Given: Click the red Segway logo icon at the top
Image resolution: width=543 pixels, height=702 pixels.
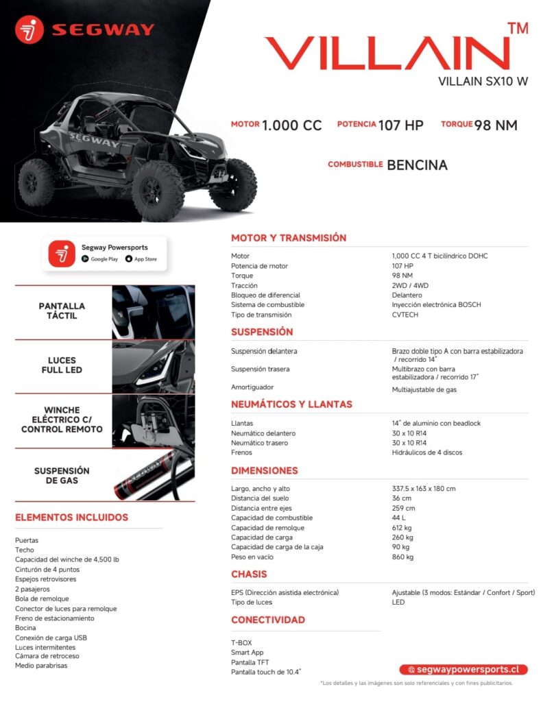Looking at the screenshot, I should coord(29,29).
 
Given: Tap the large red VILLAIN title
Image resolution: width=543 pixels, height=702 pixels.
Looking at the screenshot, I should coord(387,53).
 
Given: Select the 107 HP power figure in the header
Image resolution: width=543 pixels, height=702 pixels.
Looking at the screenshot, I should coord(401,125).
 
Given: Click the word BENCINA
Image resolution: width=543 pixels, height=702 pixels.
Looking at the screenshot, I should coord(417,165).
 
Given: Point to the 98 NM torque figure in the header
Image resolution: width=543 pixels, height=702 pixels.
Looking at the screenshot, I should coord(496,125).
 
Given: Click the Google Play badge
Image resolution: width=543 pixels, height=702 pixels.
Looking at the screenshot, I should coord(100,259).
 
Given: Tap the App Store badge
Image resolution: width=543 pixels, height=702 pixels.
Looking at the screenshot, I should coord(141,259).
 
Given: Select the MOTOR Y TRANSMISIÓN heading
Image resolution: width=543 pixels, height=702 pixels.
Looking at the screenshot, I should coord(289,238).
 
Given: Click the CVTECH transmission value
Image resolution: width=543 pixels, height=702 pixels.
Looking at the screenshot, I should coord(405,315).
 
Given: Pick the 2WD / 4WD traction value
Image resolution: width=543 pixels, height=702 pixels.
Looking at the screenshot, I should coord(410,285).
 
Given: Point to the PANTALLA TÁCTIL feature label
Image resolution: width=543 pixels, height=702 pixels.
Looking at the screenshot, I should coord(62,311).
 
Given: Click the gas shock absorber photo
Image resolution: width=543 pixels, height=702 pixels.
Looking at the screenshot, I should coord(153,475).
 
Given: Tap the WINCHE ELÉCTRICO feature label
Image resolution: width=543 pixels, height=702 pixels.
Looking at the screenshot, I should coord(62,420).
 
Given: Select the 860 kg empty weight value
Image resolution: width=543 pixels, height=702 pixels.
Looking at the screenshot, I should coord(402,557).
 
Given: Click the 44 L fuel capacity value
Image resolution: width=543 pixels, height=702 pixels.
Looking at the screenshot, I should coord(398,518).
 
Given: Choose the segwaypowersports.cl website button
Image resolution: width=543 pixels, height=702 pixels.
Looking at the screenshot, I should coord(463,669).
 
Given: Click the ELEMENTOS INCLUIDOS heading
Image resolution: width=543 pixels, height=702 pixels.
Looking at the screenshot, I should coord(71,517).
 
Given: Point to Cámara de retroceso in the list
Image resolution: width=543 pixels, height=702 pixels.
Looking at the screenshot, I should coord(47,656).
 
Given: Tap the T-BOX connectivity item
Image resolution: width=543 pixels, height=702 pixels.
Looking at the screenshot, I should coord(241,643).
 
